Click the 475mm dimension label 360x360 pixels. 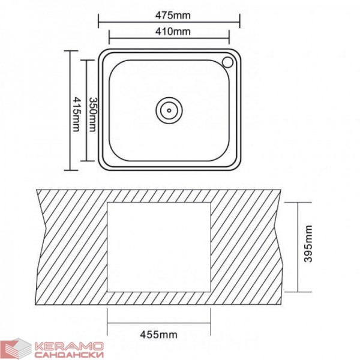point(173,16)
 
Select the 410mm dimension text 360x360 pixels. point(173,31)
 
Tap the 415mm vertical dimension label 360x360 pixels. point(76,114)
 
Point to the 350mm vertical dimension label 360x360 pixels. point(92,115)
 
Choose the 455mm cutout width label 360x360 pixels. point(158,335)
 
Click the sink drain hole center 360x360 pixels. point(169,110)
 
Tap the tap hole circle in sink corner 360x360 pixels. point(227,62)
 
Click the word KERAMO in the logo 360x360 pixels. point(69,346)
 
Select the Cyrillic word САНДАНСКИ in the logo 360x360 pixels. point(69,354)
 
